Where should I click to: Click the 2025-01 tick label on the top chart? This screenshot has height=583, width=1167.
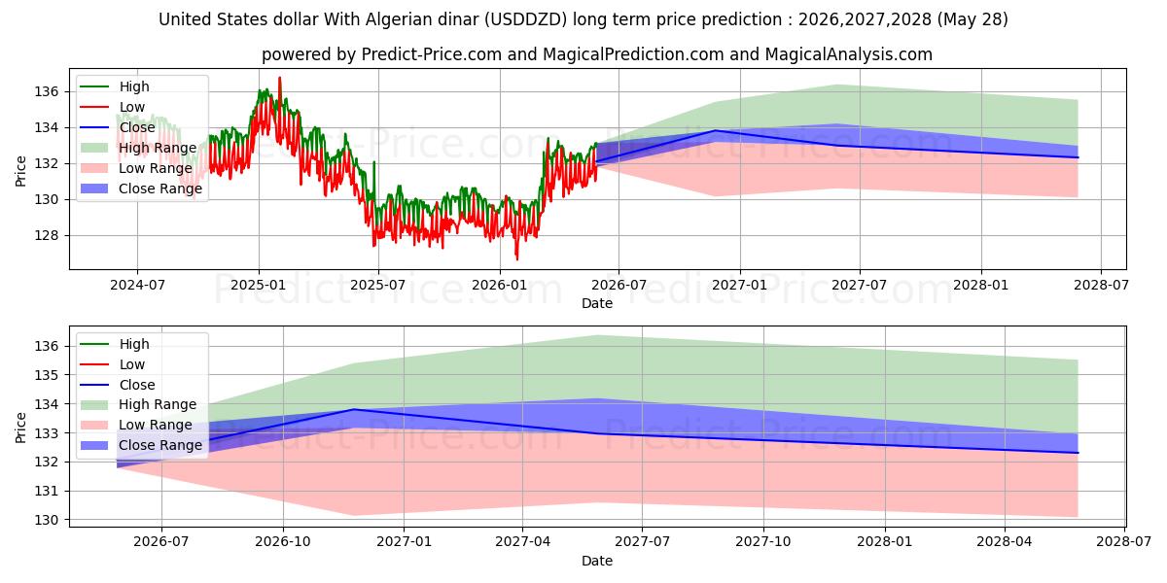click(x=259, y=286)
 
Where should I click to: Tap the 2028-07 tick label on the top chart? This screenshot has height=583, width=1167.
click(x=1101, y=286)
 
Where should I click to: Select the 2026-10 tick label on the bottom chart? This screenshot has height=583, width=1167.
click(x=283, y=542)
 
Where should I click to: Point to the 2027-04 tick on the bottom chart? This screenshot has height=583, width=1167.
click(x=522, y=542)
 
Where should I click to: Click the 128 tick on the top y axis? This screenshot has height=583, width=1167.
click(x=46, y=236)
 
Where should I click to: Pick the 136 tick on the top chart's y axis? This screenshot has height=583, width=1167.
click(x=46, y=92)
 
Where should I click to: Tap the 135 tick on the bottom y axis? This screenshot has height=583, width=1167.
click(x=46, y=375)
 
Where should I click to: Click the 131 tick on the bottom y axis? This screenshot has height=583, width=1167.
click(x=46, y=491)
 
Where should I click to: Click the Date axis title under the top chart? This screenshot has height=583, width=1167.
click(x=597, y=303)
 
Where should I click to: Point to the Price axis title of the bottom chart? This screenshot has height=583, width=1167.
click(x=20, y=428)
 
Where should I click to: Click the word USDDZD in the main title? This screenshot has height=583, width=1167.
click(x=526, y=19)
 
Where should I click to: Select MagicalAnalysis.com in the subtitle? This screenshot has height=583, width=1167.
click(x=849, y=54)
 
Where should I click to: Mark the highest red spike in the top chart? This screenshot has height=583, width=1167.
click(x=280, y=78)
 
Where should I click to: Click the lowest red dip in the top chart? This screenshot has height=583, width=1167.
click(x=516, y=259)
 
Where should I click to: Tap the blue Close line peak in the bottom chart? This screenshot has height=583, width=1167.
click(x=355, y=410)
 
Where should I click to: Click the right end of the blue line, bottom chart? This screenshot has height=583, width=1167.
click(x=1078, y=453)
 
